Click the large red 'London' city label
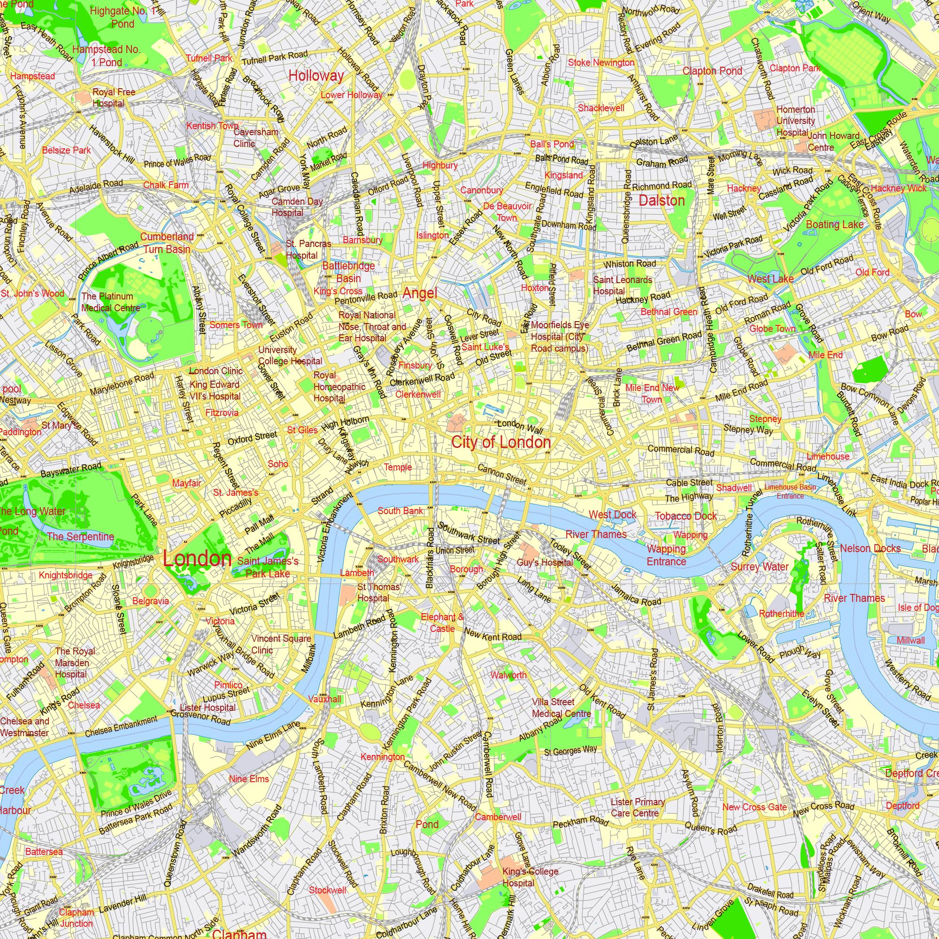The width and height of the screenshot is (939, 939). click(x=197, y=558)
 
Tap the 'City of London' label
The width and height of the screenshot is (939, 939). click(x=501, y=442)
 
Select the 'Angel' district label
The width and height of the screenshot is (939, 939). click(x=420, y=293)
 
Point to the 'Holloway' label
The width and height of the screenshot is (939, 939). click(x=316, y=76)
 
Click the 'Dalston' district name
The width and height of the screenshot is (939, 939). click(x=662, y=201)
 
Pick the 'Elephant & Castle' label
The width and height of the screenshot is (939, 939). click(x=442, y=623)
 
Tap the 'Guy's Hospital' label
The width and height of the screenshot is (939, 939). click(x=544, y=562)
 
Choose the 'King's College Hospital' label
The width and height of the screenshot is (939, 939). click(x=530, y=877)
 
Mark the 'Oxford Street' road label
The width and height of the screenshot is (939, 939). click(x=252, y=438)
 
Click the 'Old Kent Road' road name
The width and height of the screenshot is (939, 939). click(x=602, y=701)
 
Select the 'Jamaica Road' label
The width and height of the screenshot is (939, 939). click(x=636, y=594)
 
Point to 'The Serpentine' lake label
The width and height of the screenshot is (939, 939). click(x=81, y=537)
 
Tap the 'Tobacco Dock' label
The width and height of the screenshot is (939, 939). click(x=686, y=516)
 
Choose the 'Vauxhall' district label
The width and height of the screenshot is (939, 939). click(x=325, y=699)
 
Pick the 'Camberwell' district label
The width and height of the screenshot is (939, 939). click(x=498, y=817)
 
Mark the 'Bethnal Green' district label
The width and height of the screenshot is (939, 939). click(x=669, y=312)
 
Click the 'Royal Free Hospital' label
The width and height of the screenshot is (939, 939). click(x=114, y=98)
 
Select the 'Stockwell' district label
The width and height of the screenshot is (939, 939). click(x=328, y=890)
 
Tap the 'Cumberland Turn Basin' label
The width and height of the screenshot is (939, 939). click(x=167, y=243)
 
